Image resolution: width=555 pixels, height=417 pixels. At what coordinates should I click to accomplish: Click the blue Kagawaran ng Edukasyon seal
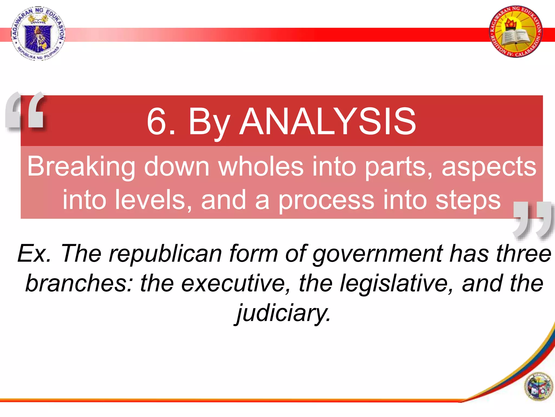pyautogui.click(x=38, y=33)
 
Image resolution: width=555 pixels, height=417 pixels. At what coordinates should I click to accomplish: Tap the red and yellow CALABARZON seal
pyautogui.click(x=516, y=31)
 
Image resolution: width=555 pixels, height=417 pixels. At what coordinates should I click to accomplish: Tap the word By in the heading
pyautogui.click(x=209, y=122)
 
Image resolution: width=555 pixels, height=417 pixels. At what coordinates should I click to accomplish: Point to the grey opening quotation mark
pyautogui.click(x=25, y=111)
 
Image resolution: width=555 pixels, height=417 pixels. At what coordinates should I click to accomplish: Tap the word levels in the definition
pyautogui.click(x=153, y=200)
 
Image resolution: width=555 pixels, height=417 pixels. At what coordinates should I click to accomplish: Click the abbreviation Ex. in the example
pyautogui.click(x=34, y=253)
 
